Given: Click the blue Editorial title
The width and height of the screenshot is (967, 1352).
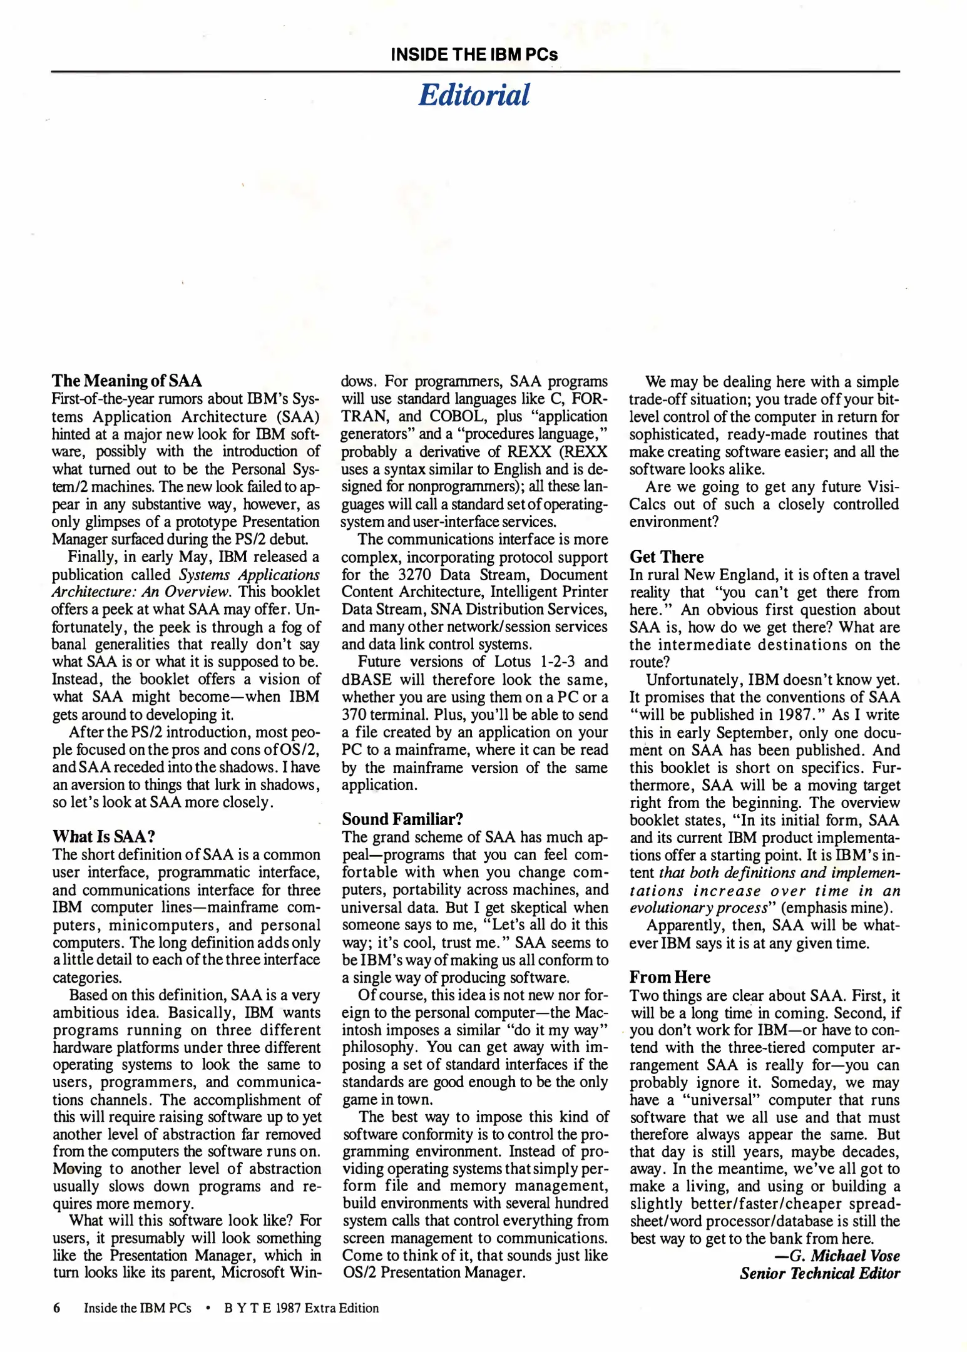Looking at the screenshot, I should [474, 95].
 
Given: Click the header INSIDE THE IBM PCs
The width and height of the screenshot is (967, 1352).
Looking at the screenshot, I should [474, 54].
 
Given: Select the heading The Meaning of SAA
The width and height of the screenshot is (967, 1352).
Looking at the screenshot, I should [127, 381].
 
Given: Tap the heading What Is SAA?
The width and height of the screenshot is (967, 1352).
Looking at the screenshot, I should [103, 836].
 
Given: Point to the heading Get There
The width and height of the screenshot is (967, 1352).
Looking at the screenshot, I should [666, 556].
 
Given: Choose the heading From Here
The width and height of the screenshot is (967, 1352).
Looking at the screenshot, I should [670, 977].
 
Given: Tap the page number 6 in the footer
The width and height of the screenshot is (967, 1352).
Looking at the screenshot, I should [56, 1308].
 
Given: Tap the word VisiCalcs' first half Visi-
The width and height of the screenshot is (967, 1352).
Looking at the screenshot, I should [883, 487].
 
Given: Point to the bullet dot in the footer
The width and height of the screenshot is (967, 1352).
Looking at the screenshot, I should [207, 1308].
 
